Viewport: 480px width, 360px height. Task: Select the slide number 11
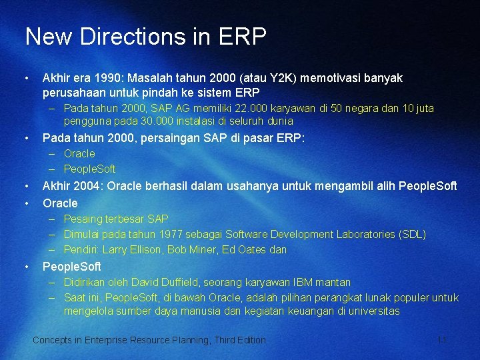pyautogui.click(x=441, y=340)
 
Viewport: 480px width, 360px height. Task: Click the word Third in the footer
pyautogui.click(x=225, y=340)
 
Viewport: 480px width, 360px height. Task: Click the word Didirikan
pyautogui.click(x=84, y=282)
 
